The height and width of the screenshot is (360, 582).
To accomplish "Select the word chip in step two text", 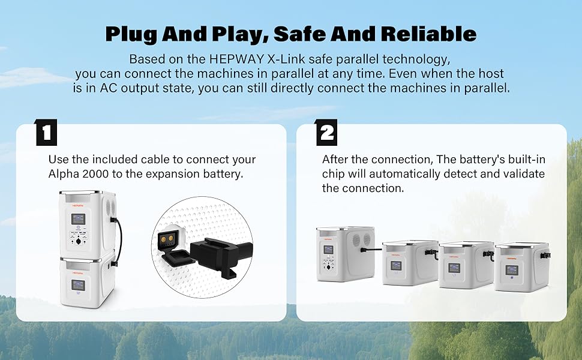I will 332,174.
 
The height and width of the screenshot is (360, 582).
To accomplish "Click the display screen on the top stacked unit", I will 77,218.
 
